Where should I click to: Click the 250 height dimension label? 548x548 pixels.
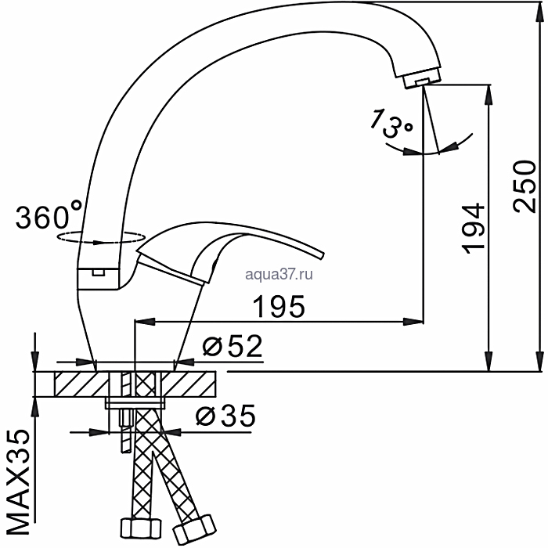click(x=525, y=186)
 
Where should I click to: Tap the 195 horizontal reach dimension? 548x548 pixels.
click(x=279, y=307)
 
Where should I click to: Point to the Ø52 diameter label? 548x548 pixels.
click(x=233, y=346)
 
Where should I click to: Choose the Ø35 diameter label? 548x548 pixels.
click(x=225, y=415)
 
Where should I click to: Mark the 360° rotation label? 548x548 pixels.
click(x=49, y=215)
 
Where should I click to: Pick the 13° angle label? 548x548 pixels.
click(x=391, y=124)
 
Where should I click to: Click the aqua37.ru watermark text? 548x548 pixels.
click(x=279, y=275)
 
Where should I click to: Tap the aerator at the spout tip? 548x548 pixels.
click(x=422, y=78)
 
